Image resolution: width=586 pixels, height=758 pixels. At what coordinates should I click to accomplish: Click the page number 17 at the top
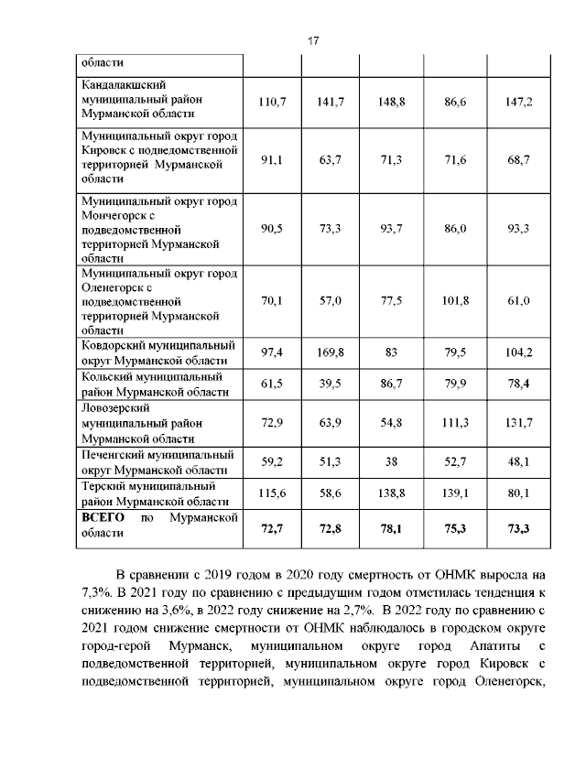point(312,41)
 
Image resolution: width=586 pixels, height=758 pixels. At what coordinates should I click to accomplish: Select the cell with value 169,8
point(330,352)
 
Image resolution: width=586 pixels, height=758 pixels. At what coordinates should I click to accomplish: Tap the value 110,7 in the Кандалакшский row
point(272,102)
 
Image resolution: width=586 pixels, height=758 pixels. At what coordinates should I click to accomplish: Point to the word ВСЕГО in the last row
point(103,517)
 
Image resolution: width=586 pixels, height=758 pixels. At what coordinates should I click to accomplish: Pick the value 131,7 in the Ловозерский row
point(518,423)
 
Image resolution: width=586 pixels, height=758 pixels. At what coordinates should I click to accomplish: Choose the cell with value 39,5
point(330,384)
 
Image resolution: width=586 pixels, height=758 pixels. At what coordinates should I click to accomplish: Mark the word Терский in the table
point(106,486)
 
